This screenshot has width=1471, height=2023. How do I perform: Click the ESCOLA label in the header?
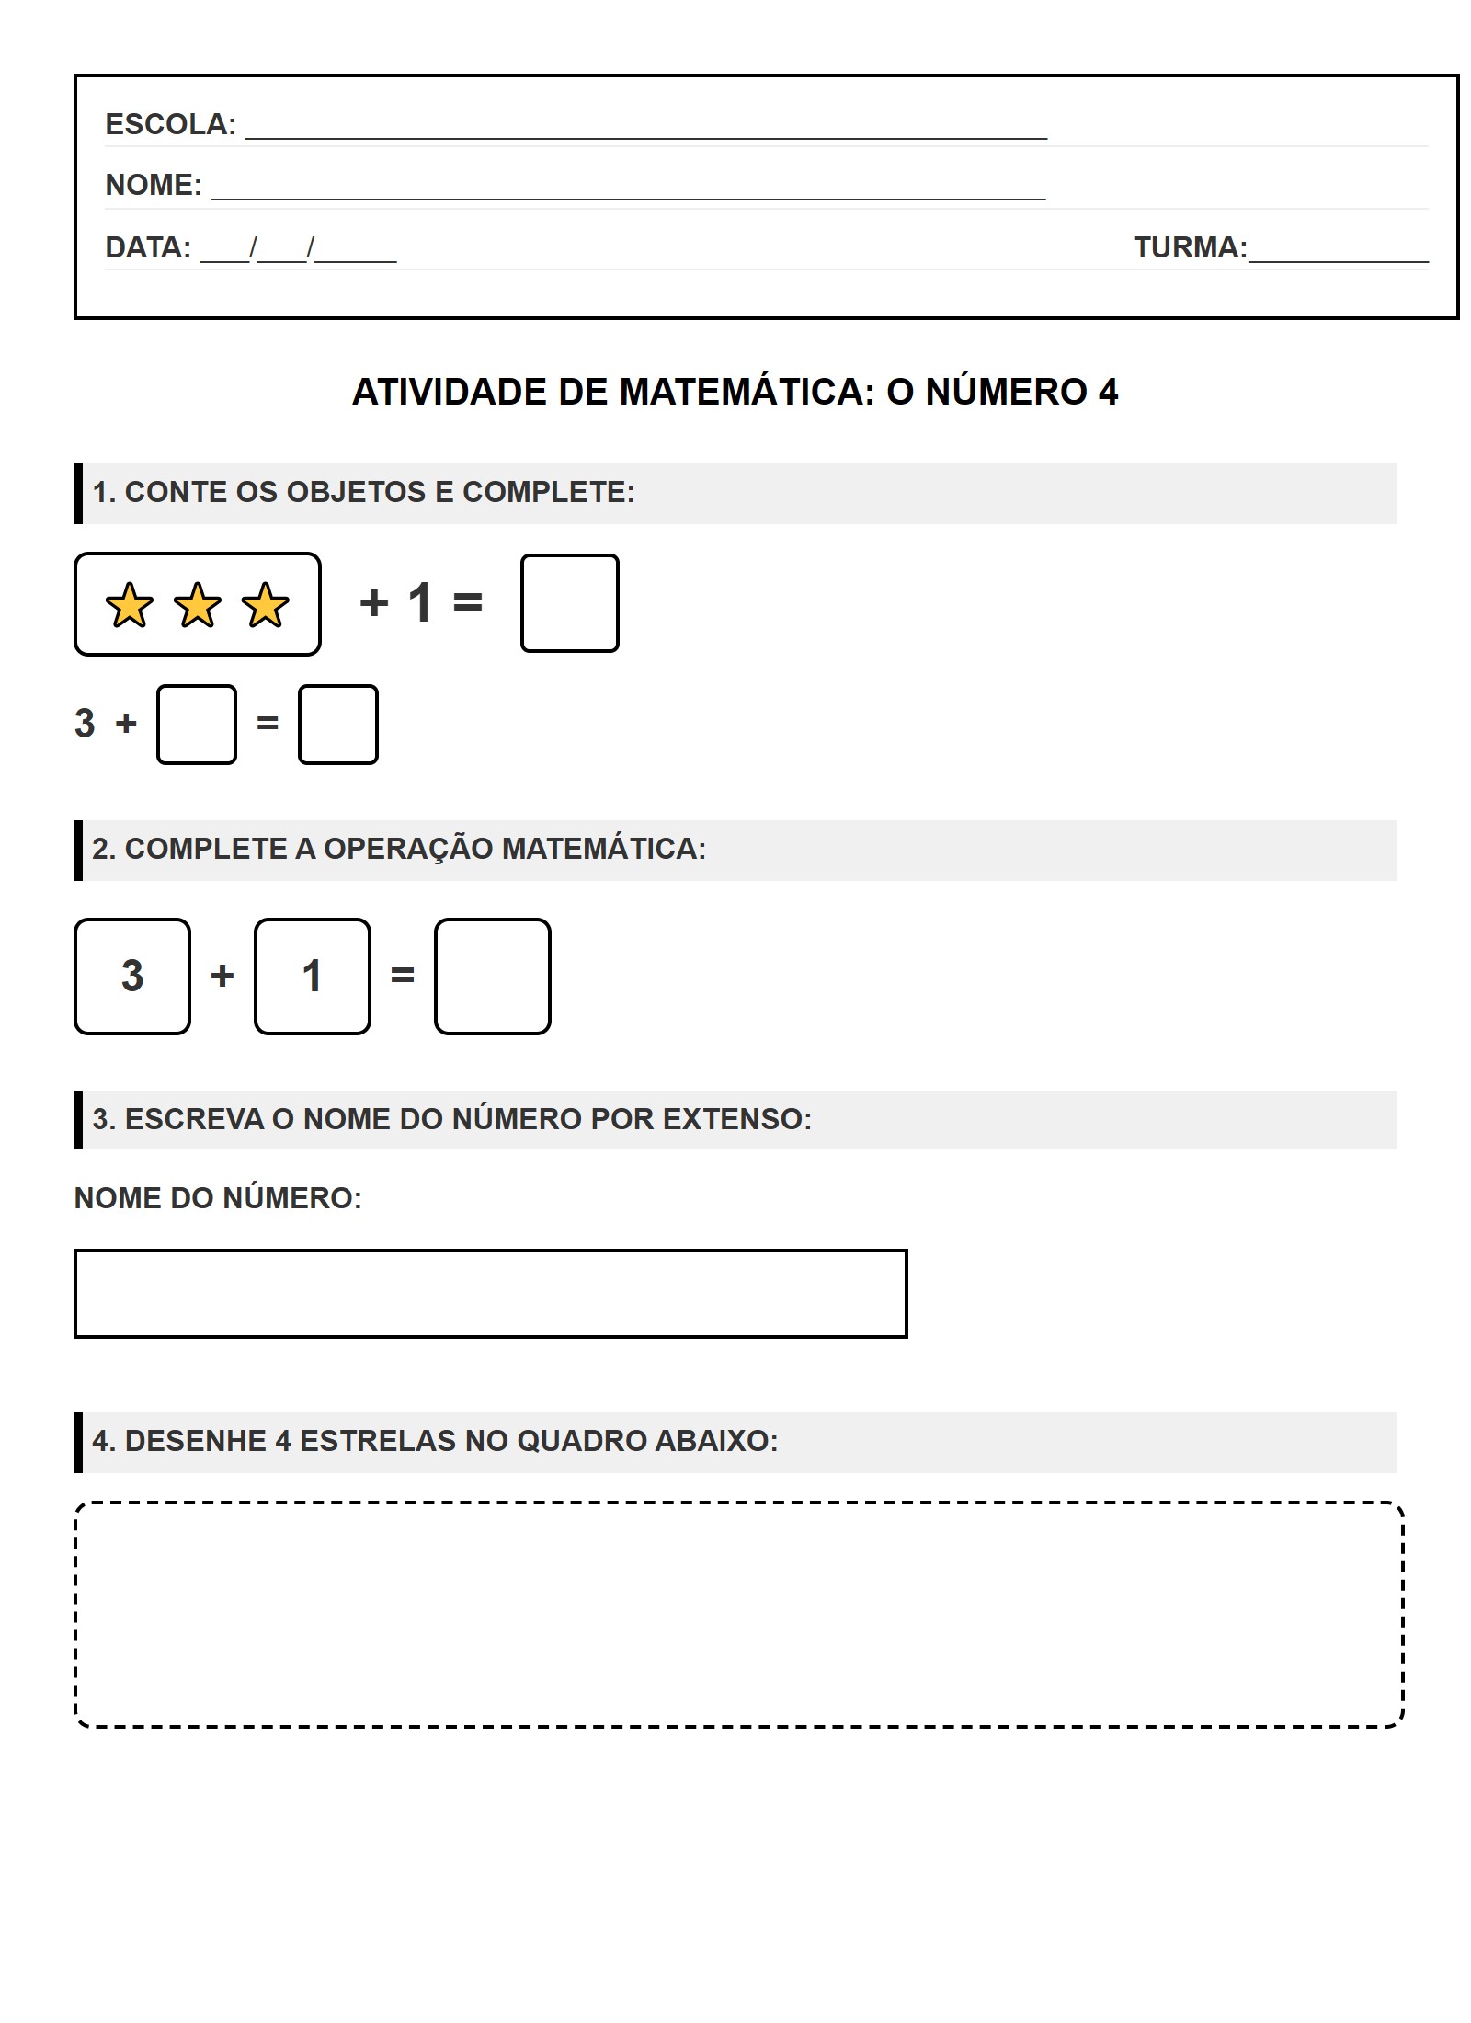coord(170,124)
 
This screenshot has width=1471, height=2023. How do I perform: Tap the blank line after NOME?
coord(628,195)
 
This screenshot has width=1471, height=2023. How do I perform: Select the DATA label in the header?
coord(148,247)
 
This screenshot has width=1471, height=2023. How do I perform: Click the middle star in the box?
coord(198,605)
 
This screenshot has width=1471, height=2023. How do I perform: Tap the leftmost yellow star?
coord(130,605)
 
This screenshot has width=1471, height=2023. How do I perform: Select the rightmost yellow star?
coord(266,605)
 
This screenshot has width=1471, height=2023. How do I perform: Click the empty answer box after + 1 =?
coord(569,603)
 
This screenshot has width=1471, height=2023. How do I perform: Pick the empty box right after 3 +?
coord(197,725)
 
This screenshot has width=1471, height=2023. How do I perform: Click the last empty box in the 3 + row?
coord(338,725)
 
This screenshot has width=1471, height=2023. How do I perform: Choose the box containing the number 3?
coord(132,977)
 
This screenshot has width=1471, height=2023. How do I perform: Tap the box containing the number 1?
coord(313,977)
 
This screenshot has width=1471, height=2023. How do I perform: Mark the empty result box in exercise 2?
coord(493,977)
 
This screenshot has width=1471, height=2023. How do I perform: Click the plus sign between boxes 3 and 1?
coord(222,976)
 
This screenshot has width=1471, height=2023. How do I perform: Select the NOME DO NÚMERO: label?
coord(218,1198)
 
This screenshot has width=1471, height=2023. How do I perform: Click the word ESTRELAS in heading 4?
coord(378,1441)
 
